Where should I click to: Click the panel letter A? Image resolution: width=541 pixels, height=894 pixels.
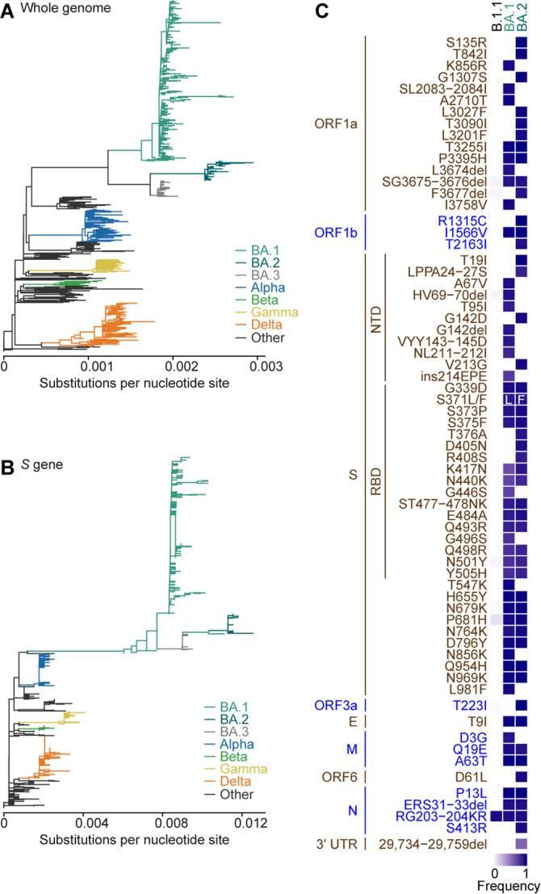pyautogui.click(x=6, y=10)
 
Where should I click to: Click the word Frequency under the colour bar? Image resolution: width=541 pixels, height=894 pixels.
pyautogui.click(x=507, y=886)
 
